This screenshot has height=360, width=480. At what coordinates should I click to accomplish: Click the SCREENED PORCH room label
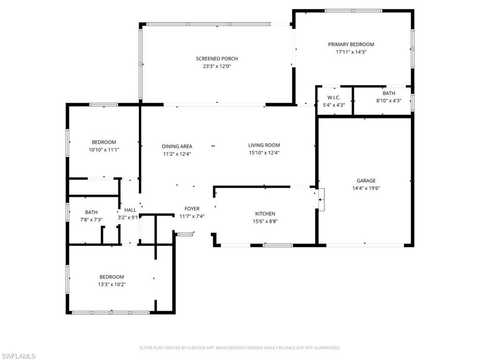click(217, 59)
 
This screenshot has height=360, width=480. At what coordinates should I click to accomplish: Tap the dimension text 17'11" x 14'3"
click(351, 52)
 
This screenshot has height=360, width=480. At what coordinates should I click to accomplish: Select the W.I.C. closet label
click(334, 97)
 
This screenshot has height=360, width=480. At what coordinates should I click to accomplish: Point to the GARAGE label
click(366, 180)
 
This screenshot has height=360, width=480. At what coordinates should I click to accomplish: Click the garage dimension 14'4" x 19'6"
click(366, 188)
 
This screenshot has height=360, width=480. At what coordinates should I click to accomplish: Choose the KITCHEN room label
click(265, 214)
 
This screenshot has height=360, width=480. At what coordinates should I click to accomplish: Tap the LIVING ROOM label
click(264, 145)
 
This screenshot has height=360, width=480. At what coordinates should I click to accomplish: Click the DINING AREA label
click(177, 146)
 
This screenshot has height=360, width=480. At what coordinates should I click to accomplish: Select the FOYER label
click(192, 209)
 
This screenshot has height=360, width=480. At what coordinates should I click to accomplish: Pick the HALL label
click(130, 210)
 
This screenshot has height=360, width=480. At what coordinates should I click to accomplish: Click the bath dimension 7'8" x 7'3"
click(91, 219)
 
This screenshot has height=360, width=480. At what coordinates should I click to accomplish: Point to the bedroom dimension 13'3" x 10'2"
click(112, 284)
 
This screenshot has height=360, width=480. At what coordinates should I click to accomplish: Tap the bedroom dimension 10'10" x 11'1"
click(104, 150)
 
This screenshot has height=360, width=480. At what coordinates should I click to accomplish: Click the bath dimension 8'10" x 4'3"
click(389, 101)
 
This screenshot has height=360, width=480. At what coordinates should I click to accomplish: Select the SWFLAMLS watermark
click(18, 356)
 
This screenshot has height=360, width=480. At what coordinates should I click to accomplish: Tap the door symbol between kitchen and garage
click(321, 201)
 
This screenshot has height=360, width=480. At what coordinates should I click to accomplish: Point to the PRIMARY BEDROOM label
click(351, 45)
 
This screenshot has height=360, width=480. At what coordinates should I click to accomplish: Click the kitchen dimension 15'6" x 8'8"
click(265, 221)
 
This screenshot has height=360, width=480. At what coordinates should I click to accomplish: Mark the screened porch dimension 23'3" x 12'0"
click(217, 66)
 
